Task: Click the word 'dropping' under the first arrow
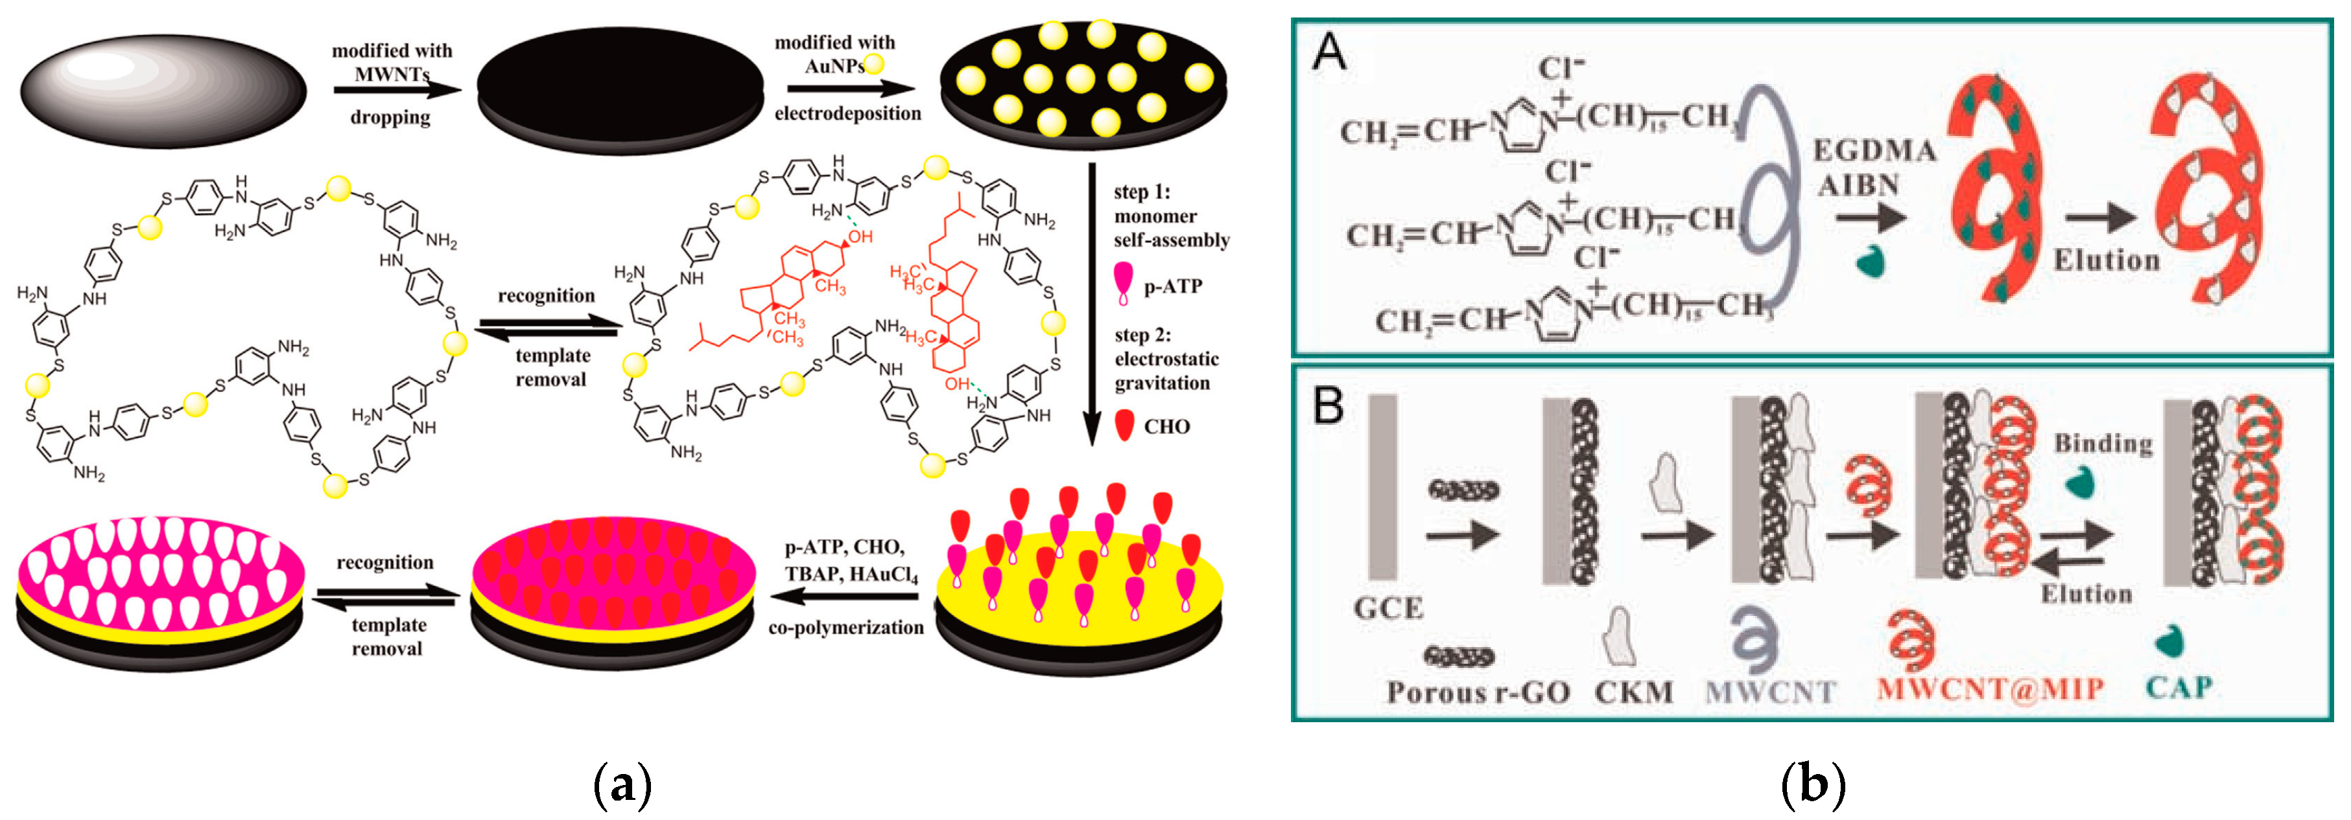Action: click(390, 117)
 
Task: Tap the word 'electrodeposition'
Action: click(848, 113)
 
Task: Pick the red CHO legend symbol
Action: click(1126, 425)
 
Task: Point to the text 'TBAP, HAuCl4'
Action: click(851, 574)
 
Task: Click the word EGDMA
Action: click(1874, 150)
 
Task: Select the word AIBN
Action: click(1858, 185)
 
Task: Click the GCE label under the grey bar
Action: click(1388, 608)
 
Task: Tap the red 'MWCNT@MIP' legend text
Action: click(1991, 689)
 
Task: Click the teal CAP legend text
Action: click(2179, 687)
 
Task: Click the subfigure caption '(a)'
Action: click(622, 784)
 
